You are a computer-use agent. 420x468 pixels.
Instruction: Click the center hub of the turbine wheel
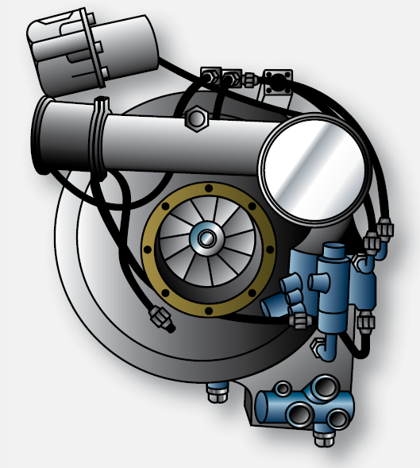click(207, 237)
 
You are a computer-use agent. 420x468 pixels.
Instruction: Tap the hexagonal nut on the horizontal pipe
click(195, 120)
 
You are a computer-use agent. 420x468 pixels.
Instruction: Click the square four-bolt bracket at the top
click(279, 80)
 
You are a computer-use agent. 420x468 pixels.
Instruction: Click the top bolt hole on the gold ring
click(208, 188)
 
